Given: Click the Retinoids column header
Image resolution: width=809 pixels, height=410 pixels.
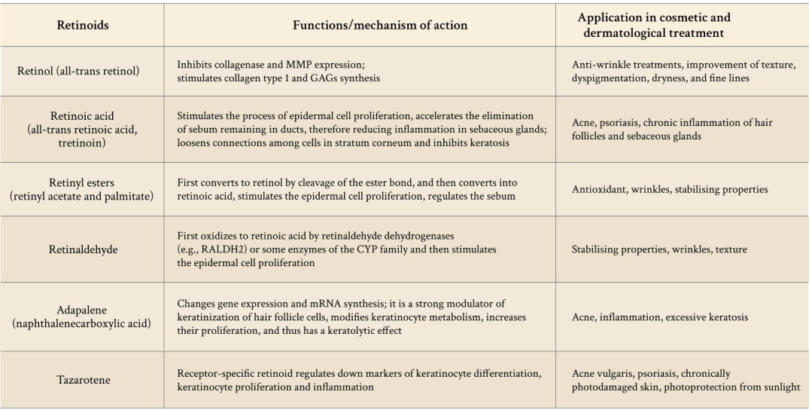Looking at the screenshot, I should [83, 26].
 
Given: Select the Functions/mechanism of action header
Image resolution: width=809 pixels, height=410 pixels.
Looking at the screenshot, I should [379, 26].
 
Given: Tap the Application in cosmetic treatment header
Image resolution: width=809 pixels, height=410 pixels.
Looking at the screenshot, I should [653, 25].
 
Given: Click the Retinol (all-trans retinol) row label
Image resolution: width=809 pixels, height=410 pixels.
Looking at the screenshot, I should [83, 72].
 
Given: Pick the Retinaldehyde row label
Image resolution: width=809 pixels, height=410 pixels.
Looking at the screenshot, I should [83, 249].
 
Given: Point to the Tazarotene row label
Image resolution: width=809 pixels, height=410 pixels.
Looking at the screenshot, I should [83, 381].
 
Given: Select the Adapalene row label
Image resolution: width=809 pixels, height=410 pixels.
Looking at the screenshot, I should [83, 317].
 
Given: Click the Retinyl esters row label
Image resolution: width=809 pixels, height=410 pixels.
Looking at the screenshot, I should [83, 189].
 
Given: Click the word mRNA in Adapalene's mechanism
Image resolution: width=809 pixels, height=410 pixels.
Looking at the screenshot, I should [308, 305].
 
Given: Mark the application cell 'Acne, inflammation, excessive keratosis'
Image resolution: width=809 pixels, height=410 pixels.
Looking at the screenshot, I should [660, 317].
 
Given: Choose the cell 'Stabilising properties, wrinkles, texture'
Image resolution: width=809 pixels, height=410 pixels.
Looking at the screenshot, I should [659, 249].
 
